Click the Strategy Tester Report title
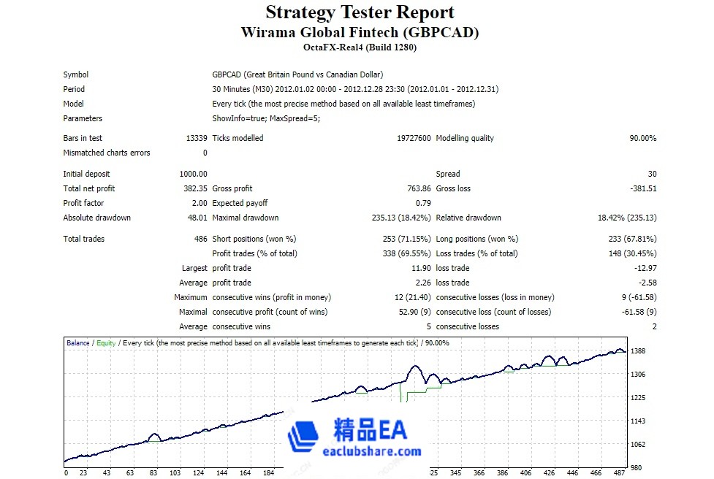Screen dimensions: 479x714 click(x=360, y=12)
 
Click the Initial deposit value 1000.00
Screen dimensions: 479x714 click(x=193, y=174)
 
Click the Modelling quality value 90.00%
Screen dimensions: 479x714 click(x=640, y=138)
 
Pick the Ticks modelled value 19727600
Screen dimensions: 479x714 click(x=414, y=138)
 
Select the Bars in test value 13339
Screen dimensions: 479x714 click(x=197, y=138)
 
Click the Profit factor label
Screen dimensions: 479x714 click(x=84, y=203)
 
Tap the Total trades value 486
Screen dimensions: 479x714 click(x=200, y=239)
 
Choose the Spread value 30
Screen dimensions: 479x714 click(x=652, y=174)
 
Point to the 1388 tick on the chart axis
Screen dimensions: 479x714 click(x=637, y=351)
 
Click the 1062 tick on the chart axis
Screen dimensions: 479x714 click(x=637, y=444)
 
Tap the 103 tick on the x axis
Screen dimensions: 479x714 click(x=175, y=473)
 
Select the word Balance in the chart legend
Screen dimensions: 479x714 click(x=78, y=342)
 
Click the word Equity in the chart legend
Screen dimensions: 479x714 click(x=106, y=342)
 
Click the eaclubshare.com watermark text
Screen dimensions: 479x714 click(x=372, y=451)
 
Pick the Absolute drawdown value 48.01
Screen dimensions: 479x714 click(x=197, y=218)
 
